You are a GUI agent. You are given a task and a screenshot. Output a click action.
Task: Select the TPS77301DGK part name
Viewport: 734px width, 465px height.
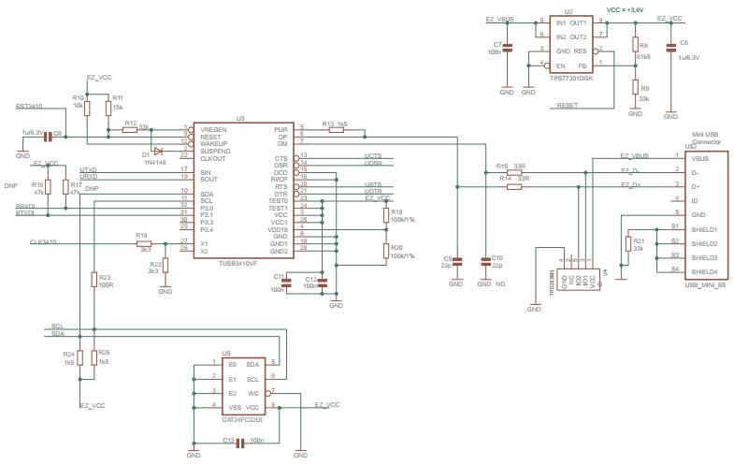tap(572, 79)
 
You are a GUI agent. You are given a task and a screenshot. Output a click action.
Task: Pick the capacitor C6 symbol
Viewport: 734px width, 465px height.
tap(670, 48)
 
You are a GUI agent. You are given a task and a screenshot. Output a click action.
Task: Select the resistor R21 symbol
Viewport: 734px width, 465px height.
tap(627, 243)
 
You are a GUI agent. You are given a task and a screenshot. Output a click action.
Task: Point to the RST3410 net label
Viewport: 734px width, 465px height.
tap(29, 108)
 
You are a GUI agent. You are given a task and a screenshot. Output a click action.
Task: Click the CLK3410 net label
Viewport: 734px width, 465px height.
tap(43, 242)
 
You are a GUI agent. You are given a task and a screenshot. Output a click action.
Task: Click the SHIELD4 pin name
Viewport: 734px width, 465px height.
tap(704, 271)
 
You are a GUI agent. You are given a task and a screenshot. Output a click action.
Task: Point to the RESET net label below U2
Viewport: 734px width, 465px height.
tap(567, 106)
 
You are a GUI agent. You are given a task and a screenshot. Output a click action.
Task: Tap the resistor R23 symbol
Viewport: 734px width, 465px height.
tap(94, 278)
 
